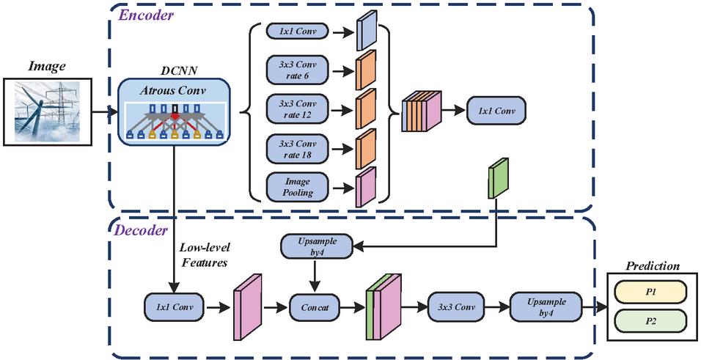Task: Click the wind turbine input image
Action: pos(48,111)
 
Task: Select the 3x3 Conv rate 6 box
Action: pos(297,70)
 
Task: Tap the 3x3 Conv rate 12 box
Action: pos(297,109)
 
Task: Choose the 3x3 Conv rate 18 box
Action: pos(297,150)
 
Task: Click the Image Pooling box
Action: pos(297,188)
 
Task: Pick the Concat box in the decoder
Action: pos(315,307)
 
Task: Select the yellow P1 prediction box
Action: pos(650,292)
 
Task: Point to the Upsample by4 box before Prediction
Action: pos(546,307)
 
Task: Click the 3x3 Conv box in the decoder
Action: pos(456,307)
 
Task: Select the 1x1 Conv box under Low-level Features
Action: pos(175,307)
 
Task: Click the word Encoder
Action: pos(145,15)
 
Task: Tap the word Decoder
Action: pos(141,230)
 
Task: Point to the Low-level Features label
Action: pos(203,255)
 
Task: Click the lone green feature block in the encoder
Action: pos(499,177)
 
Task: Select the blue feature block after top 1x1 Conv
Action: pos(367,29)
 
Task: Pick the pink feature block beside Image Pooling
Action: pos(366,187)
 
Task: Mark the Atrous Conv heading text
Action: pos(172,91)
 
